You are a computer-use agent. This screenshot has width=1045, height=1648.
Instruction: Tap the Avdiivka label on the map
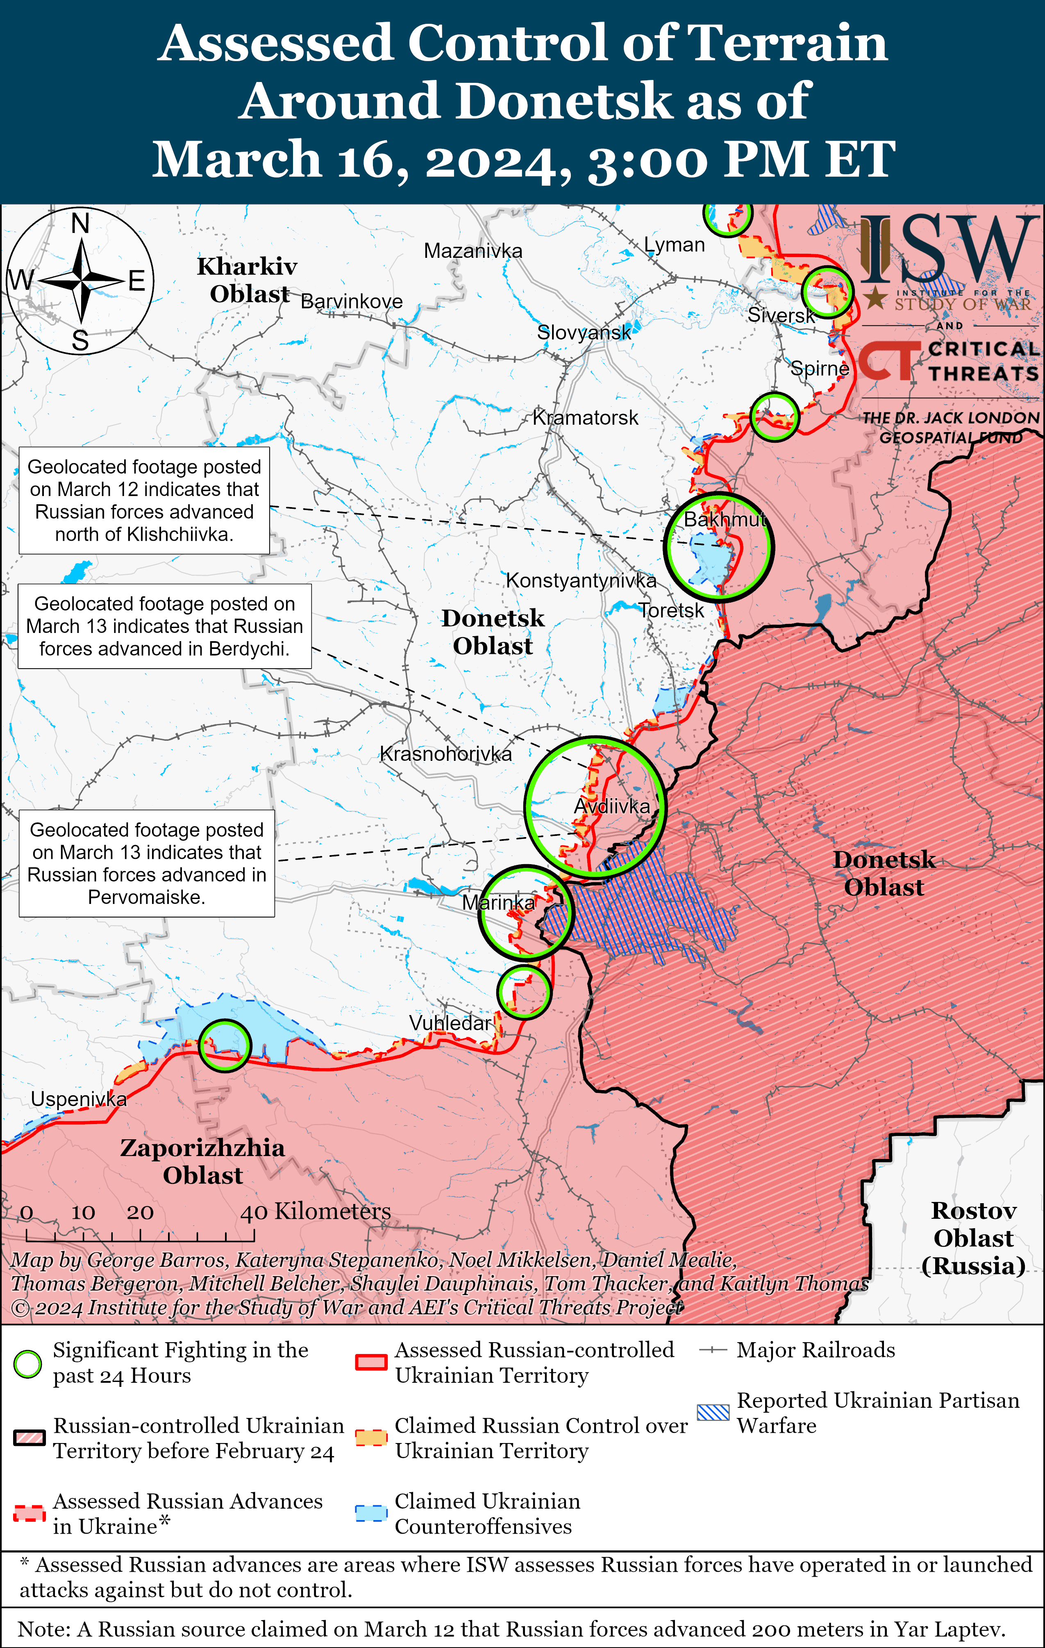612,806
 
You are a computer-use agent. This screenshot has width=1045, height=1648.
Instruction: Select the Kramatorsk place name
585,417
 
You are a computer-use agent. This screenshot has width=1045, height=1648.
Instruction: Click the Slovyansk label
584,332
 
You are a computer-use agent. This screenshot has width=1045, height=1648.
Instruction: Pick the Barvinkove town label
352,301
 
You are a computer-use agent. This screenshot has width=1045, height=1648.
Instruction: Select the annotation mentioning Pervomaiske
146,863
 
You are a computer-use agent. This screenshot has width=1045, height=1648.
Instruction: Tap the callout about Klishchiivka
144,500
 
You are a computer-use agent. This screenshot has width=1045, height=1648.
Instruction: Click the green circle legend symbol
28,1363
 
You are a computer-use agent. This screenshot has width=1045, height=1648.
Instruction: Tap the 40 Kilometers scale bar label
316,1211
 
